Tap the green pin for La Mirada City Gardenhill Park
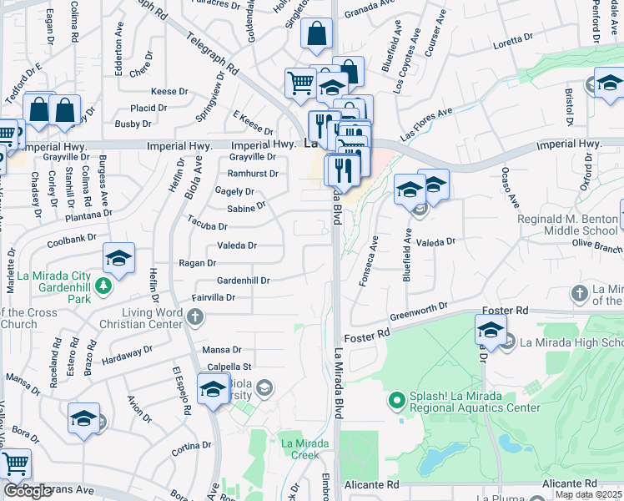pos(103,286)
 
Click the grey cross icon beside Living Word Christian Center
pos(195,316)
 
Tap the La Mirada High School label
pos(572,342)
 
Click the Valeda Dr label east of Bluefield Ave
pos(437,241)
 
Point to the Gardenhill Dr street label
pos(243,281)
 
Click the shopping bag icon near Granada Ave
pos(317,34)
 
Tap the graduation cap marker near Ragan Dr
pos(118,258)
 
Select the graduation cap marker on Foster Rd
pos(491,328)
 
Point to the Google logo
pos(28,491)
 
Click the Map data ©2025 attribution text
pos(588,495)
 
